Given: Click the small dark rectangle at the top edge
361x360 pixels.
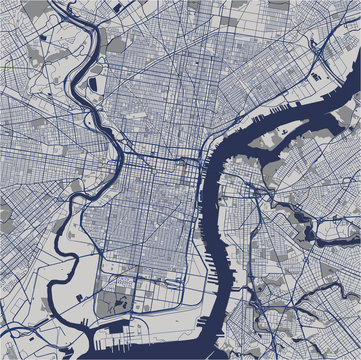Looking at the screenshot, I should tap(118, 7).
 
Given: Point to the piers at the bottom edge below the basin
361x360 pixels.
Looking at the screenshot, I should tap(120, 354).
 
